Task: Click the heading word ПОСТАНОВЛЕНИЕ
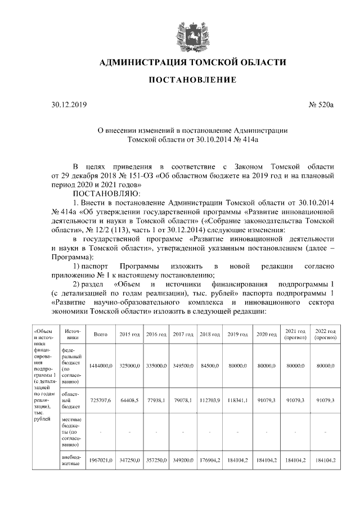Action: point(192,80)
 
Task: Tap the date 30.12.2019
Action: point(66,105)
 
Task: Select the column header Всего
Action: point(101,334)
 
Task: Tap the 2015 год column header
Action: point(129,334)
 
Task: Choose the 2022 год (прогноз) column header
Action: point(325,334)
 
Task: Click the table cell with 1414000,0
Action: point(101,366)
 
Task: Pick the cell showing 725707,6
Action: point(101,400)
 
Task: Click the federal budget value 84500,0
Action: point(209,366)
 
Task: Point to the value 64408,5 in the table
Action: point(129,400)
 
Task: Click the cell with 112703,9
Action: point(209,400)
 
